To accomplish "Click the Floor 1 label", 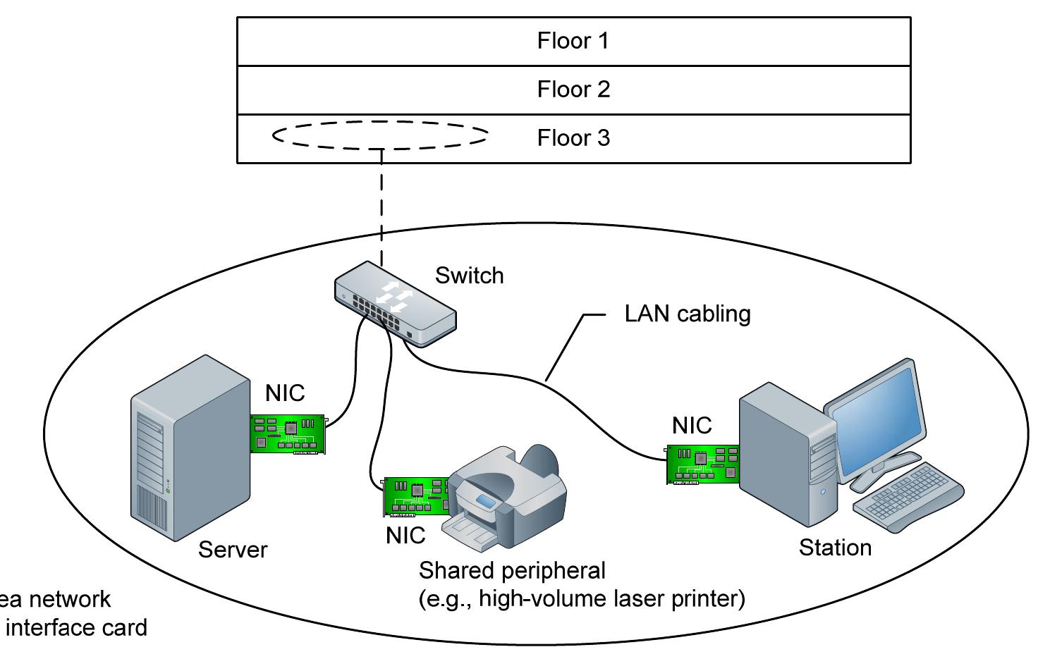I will click(573, 41).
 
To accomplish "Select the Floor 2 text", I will click(573, 90).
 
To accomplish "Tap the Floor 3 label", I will click(573, 137).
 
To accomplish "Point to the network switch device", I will click(395, 302).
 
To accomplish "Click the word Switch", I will click(469, 275).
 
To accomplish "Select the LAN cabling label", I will click(687, 314).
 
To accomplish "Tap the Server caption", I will click(233, 550).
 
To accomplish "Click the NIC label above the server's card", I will click(285, 393).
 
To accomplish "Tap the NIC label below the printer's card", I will click(405, 536).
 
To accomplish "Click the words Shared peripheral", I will click(512, 570).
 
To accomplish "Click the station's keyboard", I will click(910, 497).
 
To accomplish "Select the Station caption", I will click(835, 548).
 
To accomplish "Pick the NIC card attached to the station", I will click(702, 464).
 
